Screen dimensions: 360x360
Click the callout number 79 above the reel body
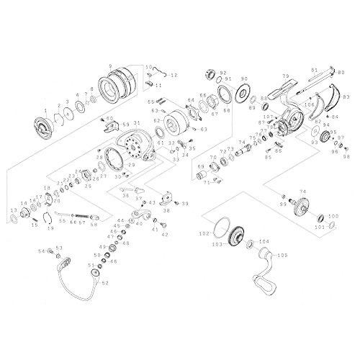286,76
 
